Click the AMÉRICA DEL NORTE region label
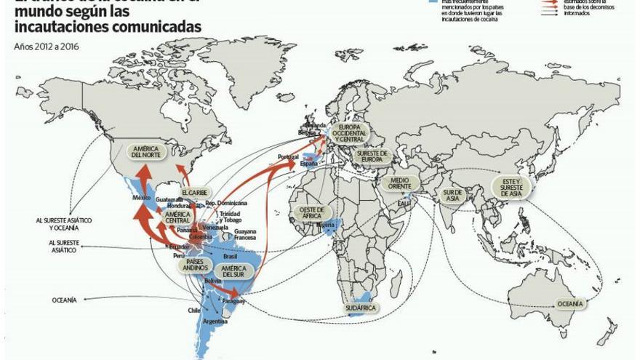coord(146,151)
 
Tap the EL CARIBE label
coord(195,193)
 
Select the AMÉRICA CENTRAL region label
coord(177,217)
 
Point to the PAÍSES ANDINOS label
coord(196,265)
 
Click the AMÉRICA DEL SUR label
coord(233,273)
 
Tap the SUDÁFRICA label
coord(361,308)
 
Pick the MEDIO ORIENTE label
coord(401,183)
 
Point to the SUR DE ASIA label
coord(453,194)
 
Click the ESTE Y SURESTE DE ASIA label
coord(511,187)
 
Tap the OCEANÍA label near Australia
coord(569,303)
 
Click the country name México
coord(141,198)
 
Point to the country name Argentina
coord(215,321)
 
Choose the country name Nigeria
coord(325,225)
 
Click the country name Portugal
coord(288,156)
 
